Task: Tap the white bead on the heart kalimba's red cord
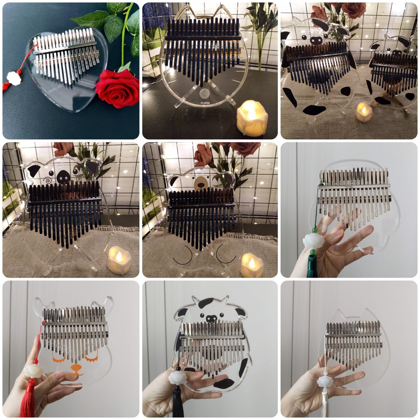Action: (x=14, y=78)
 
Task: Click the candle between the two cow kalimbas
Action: (x=363, y=112)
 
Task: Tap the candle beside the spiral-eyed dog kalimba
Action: (x=119, y=260)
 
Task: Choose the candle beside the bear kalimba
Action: (x=251, y=265)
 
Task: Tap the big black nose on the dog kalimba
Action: (x=64, y=177)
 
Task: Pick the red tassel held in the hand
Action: (x=28, y=398)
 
